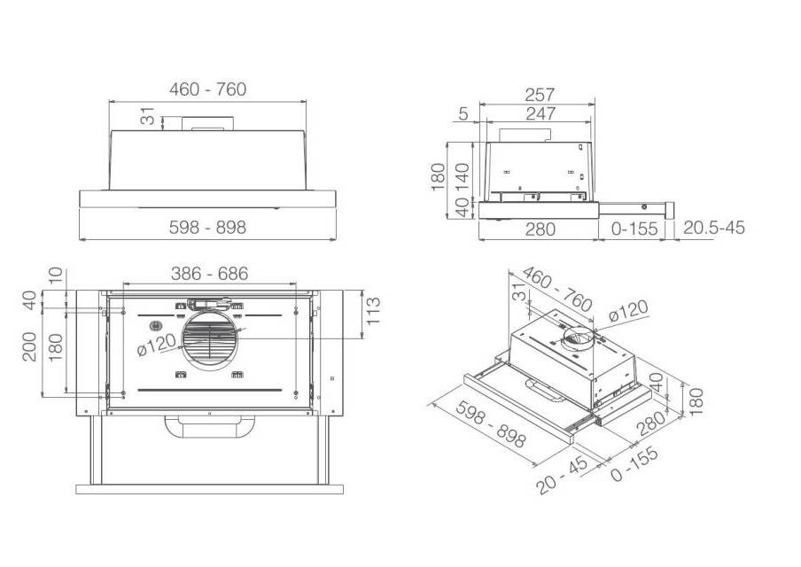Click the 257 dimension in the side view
coord(540,94)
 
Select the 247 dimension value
coord(540,113)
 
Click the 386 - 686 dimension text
coord(209,274)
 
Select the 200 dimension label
coord(29,346)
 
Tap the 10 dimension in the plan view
coord(56,276)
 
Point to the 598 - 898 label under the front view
coord(207,228)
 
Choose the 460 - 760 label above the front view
coord(207,89)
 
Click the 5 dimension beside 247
coord(464,113)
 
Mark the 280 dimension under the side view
coord(539,229)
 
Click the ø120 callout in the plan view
coord(156,348)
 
